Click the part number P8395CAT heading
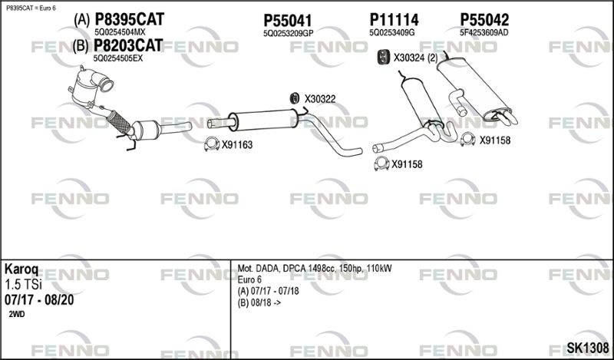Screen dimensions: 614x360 [x=130, y=19]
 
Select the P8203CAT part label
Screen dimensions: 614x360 [x=128, y=45]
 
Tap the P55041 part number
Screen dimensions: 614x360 [x=287, y=21]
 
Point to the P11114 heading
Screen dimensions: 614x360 [x=394, y=20]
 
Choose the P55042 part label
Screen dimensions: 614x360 [x=484, y=20]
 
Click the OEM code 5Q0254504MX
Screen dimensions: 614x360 [x=120, y=32]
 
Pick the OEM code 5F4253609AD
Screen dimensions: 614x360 [x=484, y=33]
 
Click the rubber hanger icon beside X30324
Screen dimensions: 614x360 [x=382, y=58]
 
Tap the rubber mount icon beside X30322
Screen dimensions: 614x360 [x=295, y=99]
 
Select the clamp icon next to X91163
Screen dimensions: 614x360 [x=212, y=144]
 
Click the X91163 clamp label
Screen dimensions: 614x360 [x=237, y=145]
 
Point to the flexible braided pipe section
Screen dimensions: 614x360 [x=118, y=122]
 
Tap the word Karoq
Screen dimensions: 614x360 [x=21, y=269]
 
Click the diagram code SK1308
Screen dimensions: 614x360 [x=588, y=347]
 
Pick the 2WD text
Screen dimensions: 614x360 [x=16, y=314]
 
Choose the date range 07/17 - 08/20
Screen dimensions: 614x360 [x=39, y=300]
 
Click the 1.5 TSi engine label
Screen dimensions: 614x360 [x=23, y=285]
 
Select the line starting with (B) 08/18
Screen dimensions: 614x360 [x=259, y=302]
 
